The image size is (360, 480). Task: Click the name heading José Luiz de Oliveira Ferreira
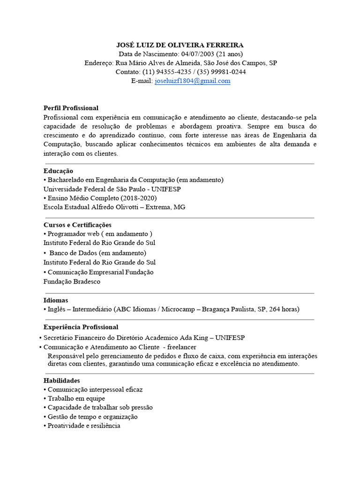click(180, 45)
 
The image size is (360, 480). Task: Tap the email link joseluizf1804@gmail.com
click(192, 81)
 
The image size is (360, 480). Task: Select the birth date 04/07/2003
click(197, 54)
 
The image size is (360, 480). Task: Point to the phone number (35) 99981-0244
click(221, 72)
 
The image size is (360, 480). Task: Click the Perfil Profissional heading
click(71, 108)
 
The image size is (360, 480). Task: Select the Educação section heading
click(58, 171)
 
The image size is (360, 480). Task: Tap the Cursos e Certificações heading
click(77, 225)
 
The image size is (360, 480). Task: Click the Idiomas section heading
click(56, 300)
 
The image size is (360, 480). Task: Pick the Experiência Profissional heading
click(81, 327)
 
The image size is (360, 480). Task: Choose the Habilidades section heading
click(61, 380)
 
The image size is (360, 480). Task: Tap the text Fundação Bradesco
click(72, 282)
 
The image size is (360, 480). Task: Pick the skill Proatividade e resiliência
click(84, 426)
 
